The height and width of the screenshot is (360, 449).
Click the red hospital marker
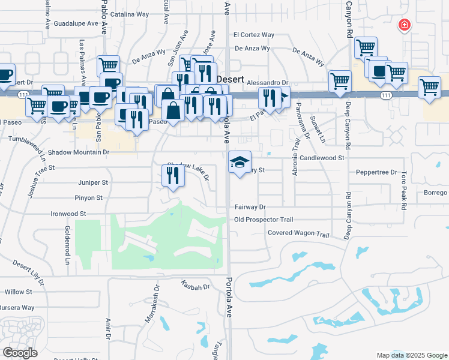click(404, 25)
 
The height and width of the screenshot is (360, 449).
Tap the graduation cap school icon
click(240, 162)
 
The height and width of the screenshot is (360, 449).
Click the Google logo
click(20, 353)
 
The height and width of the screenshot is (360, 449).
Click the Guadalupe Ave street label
click(76, 23)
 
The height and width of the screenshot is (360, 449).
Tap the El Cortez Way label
click(254, 35)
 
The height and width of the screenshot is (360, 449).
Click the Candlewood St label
click(322, 158)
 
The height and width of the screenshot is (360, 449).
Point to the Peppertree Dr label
click(377, 172)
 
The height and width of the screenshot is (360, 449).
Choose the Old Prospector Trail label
click(264, 220)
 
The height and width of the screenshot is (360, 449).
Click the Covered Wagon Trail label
click(299, 233)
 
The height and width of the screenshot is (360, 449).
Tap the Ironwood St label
click(68, 213)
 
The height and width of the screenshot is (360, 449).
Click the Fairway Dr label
click(250, 207)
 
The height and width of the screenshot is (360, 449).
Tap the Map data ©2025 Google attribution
click(411, 355)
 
